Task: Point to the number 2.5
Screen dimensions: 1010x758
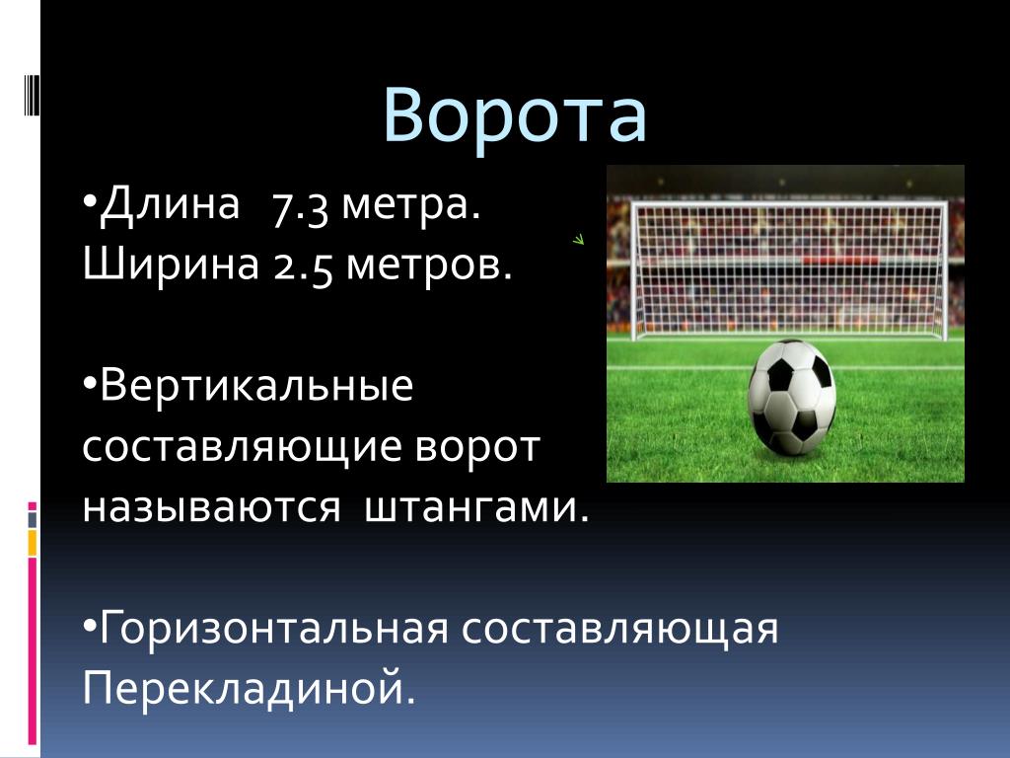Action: pyautogui.click(x=303, y=266)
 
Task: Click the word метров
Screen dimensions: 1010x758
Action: pyautogui.click(x=429, y=266)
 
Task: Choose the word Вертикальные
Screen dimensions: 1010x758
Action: pyautogui.click(x=256, y=386)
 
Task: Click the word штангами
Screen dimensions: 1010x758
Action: pyautogui.click(x=476, y=508)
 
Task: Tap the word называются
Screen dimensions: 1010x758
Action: pyautogui.click(x=211, y=508)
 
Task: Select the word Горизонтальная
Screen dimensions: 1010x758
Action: pyautogui.click(x=274, y=628)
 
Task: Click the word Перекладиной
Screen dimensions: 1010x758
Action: pyautogui.click(x=249, y=687)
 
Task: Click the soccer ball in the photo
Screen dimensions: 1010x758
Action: pyautogui.click(x=791, y=397)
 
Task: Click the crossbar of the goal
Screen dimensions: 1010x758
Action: pyautogui.click(x=789, y=205)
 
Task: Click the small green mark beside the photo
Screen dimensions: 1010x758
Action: pyautogui.click(x=578, y=240)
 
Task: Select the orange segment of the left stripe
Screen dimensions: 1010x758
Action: pyautogui.click(x=32, y=543)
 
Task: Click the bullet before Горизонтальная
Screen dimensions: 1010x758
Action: pyautogui.click(x=90, y=625)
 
